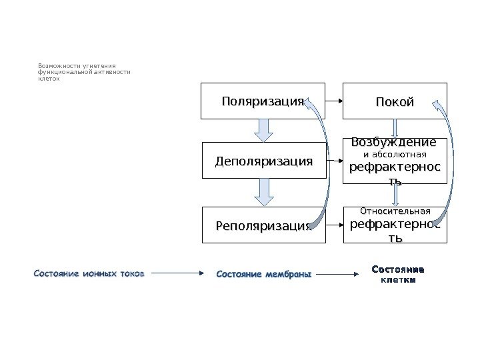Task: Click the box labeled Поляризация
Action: click(263, 101)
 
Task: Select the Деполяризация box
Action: click(264, 161)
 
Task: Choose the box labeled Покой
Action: click(395, 101)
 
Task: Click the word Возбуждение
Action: click(394, 142)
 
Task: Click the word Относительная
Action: click(395, 211)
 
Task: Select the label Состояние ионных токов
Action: click(88, 273)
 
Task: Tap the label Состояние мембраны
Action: click(265, 273)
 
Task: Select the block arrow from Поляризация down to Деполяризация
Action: click(265, 130)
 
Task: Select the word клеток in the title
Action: click(49, 79)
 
